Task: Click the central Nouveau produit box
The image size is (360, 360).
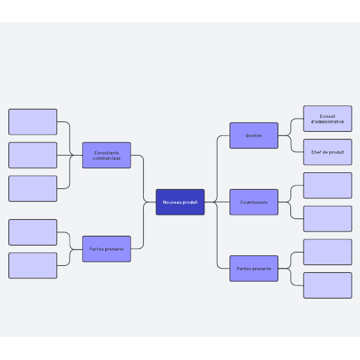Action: click(x=180, y=202)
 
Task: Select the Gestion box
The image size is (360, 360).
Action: click(x=254, y=135)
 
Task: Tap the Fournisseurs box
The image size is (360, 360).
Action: click(x=254, y=202)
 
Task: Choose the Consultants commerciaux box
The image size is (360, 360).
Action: click(x=107, y=155)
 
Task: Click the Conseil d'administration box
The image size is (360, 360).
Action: click(x=328, y=119)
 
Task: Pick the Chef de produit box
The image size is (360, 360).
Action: click(x=328, y=152)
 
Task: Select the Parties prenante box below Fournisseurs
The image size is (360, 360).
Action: click(x=254, y=269)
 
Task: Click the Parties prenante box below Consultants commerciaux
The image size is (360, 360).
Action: click(x=107, y=249)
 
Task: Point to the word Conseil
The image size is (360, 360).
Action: click(x=327, y=116)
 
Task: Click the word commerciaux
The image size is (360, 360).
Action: click(x=107, y=158)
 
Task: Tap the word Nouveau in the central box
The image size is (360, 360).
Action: click(x=172, y=202)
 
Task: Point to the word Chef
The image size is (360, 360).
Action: click(x=316, y=152)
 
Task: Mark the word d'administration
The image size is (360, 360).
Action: click(x=327, y=121)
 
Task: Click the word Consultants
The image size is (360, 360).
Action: click(x=107, y=153)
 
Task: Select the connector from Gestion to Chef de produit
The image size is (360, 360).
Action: click(x=291, y=144)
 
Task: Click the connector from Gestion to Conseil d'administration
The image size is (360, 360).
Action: click(x=291, y=127)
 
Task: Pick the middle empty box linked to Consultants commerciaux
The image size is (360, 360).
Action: click(x=33, y=155)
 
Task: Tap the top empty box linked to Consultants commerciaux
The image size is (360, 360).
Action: click(x=33, y=121)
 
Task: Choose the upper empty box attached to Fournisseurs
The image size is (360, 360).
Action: click(x=328, y=186)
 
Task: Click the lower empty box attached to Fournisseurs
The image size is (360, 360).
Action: click(x=328, y=219)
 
